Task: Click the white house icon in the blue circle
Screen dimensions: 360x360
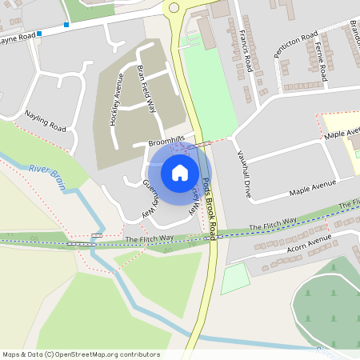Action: click(x=180, y=172)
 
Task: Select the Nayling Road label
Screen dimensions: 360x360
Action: click(x=45, y=121)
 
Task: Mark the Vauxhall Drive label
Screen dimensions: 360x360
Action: click(x=243, y=169)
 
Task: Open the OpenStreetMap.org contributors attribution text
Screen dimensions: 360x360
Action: click(x=80, y=354)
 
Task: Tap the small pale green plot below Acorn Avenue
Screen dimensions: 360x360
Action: click(x=235, y=278)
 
